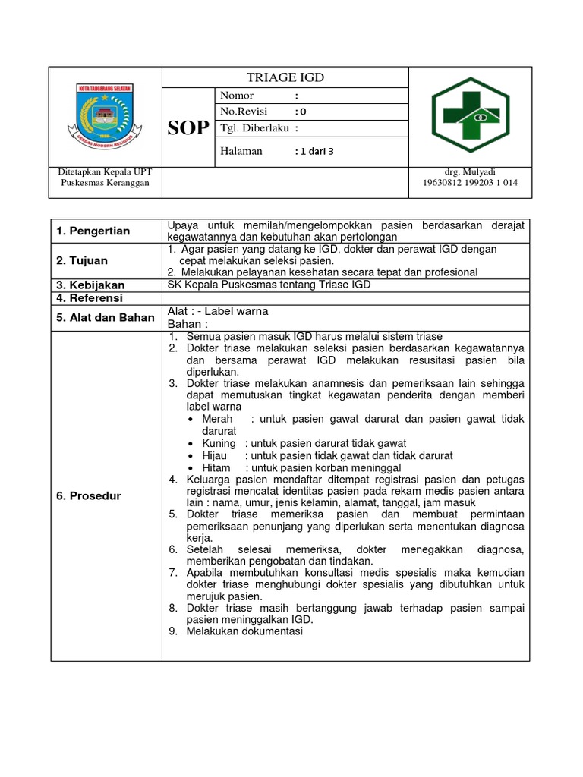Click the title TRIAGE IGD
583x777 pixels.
285,77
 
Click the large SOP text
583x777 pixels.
188,127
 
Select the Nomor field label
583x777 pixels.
237,96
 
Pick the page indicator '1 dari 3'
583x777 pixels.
314,151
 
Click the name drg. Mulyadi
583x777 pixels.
470,172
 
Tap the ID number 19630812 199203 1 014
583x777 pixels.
470,183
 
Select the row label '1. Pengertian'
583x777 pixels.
93,231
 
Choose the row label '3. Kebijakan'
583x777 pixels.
90,285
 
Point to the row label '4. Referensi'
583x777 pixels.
90,298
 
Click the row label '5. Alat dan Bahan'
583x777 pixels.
105,318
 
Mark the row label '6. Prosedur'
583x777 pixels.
88,495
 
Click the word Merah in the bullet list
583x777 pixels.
218,419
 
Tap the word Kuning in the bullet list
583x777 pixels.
219,443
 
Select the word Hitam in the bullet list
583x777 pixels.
216,468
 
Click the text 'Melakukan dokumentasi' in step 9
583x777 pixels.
244,631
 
